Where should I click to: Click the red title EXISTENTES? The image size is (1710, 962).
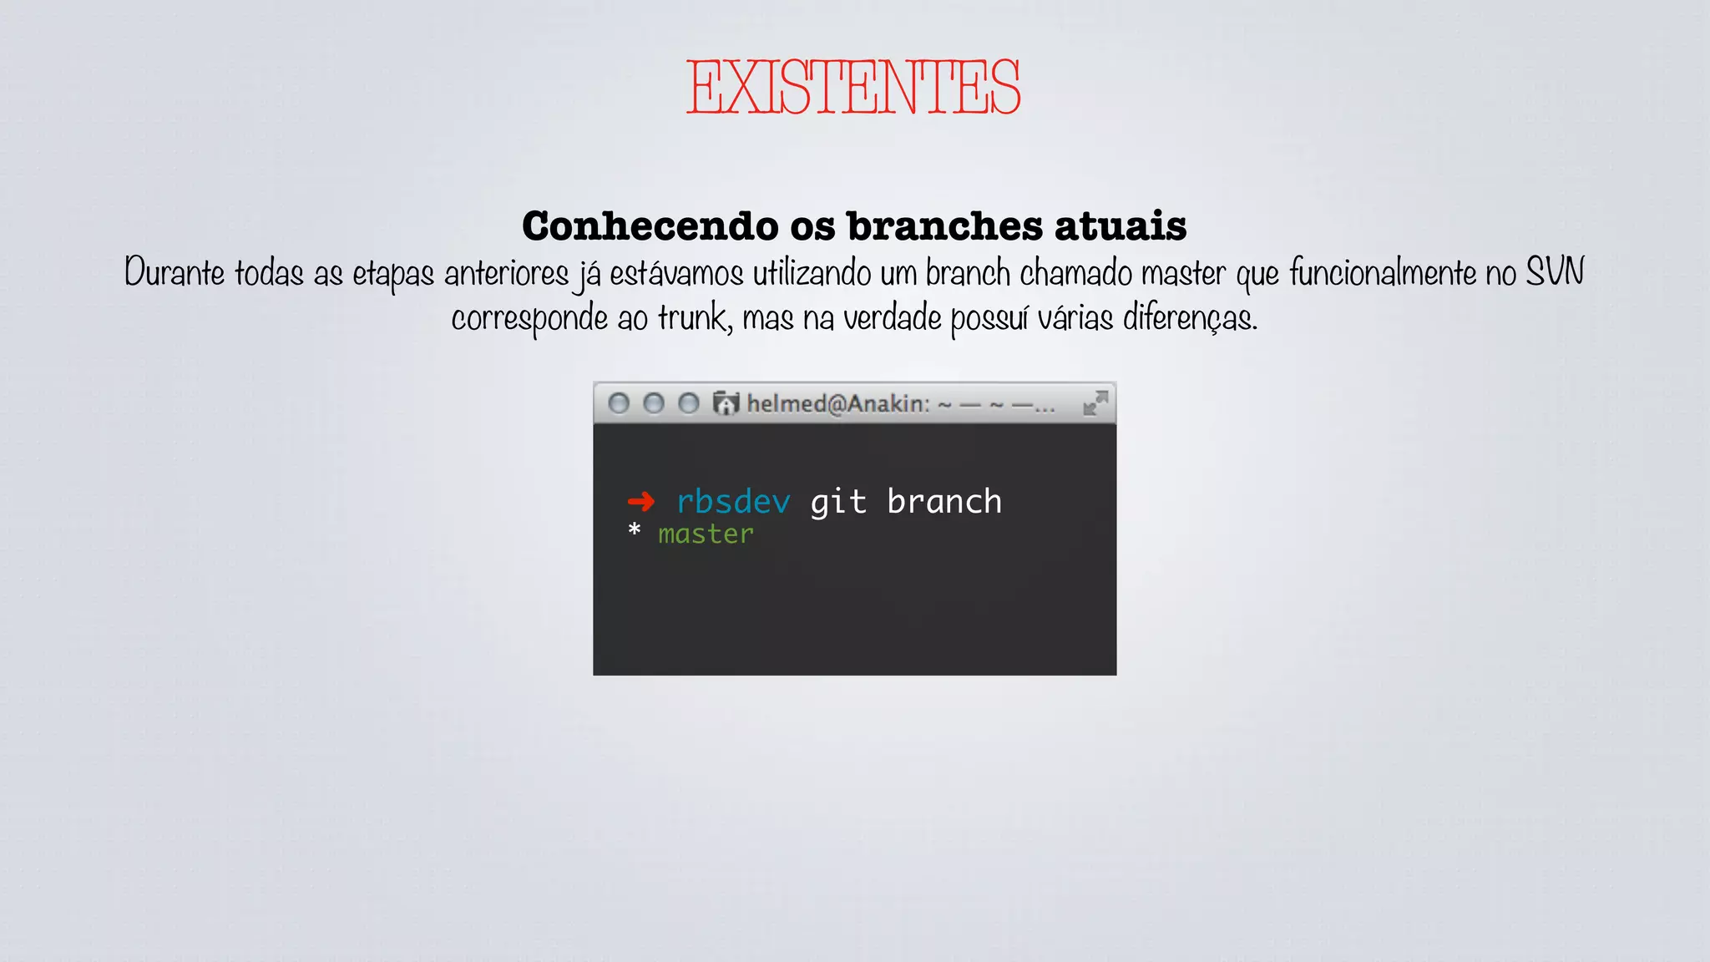tap(853, 87)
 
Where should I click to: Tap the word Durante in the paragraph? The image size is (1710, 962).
tap(174, 273)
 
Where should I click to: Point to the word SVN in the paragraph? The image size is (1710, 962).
tap(1554, 272)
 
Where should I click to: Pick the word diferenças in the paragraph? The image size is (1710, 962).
tap(1190, 318)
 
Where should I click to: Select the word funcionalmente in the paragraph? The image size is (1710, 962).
tap(1383, 273)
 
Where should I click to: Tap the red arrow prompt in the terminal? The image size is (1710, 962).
tap(640, 502)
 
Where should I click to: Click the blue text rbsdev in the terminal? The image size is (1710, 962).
tap(733, 502)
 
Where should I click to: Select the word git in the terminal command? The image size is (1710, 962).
tap(838, 502)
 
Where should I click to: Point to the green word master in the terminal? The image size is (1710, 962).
tap(706, 534)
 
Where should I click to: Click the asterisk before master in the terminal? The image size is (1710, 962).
tap(635, 530)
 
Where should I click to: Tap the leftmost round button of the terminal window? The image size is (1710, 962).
tap(619, 404)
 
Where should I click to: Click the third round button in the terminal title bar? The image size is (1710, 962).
tap(689, 404)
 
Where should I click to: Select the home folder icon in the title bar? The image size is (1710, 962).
tap(726, 404)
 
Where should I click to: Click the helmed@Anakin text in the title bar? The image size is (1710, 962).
tap(837, 404)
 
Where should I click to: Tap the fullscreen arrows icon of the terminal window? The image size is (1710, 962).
tap(1095, 403)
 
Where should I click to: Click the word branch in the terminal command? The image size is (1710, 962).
tap(944, 502)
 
